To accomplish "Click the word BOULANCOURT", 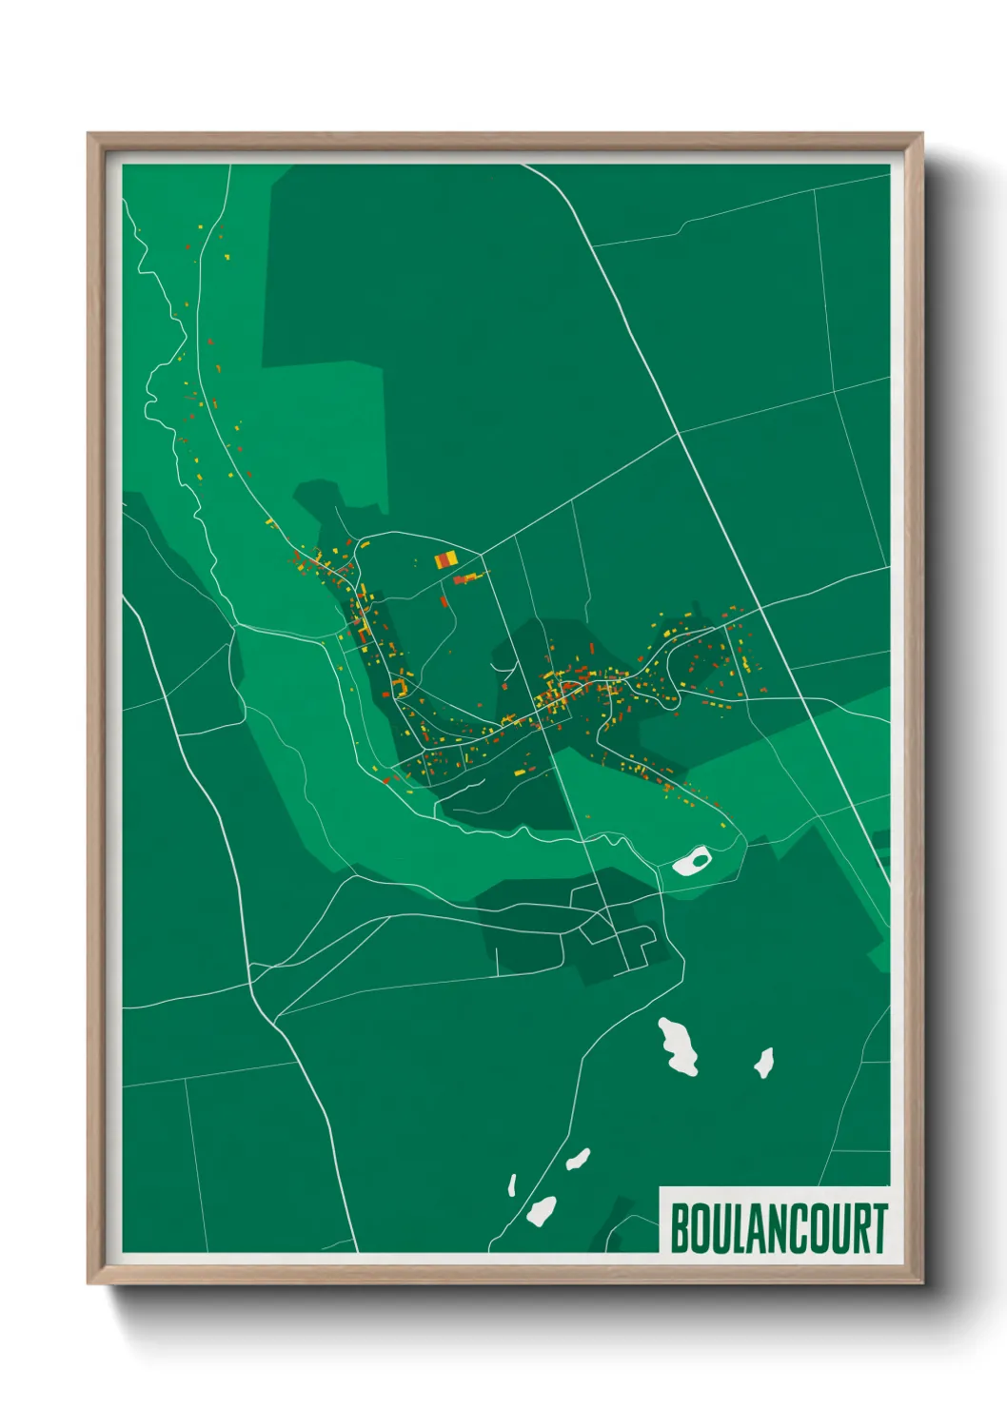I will [779, 1228].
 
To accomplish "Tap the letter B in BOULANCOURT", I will [681, 1228].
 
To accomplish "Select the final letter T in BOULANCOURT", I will [879, 1228].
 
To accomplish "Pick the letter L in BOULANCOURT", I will [740, 1228].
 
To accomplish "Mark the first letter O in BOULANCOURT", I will [701, 1228].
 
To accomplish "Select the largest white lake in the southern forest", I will [680, 1046].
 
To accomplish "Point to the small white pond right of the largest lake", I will [763, 1062].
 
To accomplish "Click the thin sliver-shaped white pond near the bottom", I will [512, 1185].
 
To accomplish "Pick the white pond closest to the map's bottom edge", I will [541, 1211].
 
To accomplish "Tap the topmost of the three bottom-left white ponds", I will [578, 1160].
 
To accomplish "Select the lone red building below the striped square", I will [444, 600].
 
